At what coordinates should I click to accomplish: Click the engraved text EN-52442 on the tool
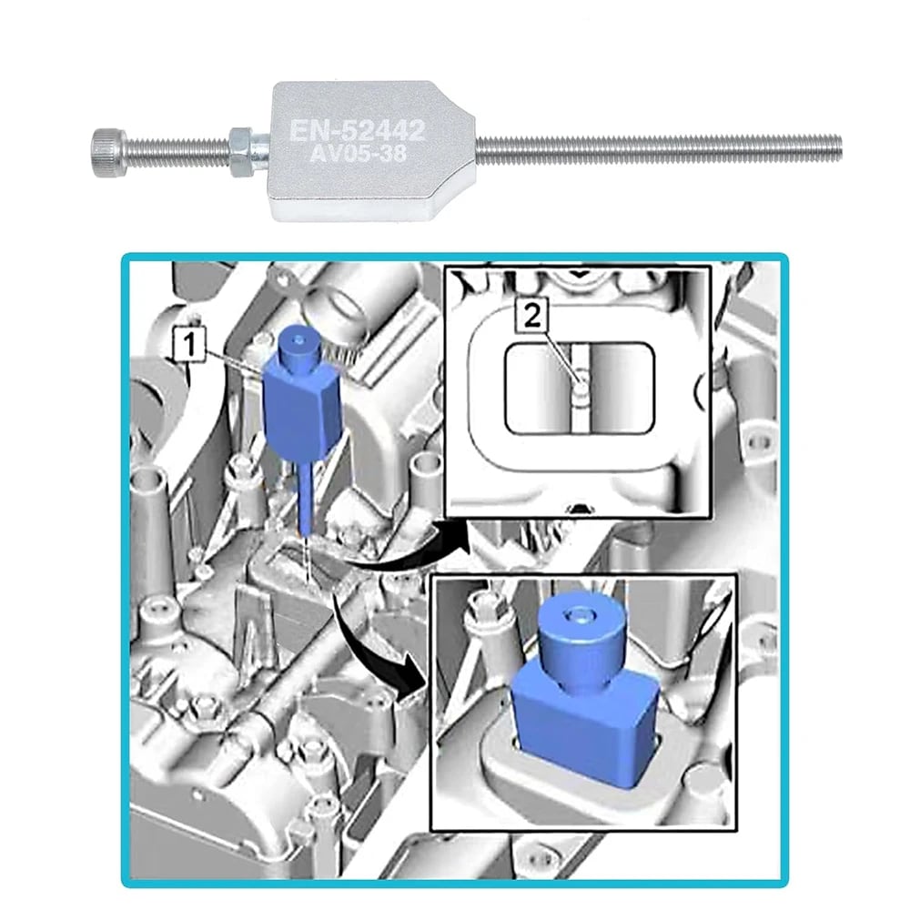click(358, 130)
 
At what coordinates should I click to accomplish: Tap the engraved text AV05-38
click(358, 154)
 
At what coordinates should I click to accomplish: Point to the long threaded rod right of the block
click(659, 147)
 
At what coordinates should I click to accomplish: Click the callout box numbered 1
click(190, 345)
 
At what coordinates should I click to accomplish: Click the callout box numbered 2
click(532, 317)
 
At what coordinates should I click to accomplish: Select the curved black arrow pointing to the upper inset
click(409, 549)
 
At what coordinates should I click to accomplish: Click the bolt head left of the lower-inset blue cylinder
click(483, 603)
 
